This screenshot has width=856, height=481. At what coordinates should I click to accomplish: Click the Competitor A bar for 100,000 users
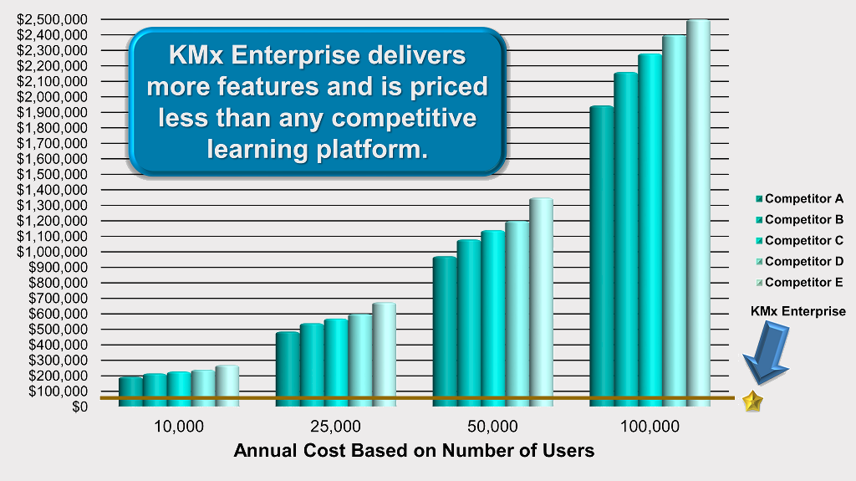click(602, 256)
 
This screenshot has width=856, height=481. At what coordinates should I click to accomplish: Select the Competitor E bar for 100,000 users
click(698, 213)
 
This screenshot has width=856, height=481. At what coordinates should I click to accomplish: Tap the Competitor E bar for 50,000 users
click(541, 302)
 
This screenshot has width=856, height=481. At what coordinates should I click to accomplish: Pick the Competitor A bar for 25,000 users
click(288, 369)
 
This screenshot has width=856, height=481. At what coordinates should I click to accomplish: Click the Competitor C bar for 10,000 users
click(179, 389)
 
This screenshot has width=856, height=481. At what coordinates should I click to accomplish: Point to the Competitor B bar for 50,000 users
click(469, 323)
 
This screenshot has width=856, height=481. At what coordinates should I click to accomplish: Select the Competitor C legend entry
click(800, 241)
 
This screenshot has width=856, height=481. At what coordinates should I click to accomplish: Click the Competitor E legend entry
click(800, 283)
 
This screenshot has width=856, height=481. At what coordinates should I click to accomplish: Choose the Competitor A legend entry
click(800, 199)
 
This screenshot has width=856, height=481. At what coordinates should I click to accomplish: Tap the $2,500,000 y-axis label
click(53, 20)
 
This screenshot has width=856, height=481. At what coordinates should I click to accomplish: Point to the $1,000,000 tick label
click(53, 252)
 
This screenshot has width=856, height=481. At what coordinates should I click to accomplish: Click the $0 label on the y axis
click(79, 407)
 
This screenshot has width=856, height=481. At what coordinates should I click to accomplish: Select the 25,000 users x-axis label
click(336, 427)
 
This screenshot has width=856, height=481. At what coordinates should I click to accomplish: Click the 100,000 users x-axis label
click(650, 427)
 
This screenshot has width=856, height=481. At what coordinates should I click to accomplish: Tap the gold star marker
click(753, 402)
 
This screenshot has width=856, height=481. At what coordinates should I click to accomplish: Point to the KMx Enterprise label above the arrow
click(798, 311)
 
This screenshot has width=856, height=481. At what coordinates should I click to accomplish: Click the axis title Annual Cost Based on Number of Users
click(414, 450)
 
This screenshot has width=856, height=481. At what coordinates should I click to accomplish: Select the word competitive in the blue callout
click(404, 118)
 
